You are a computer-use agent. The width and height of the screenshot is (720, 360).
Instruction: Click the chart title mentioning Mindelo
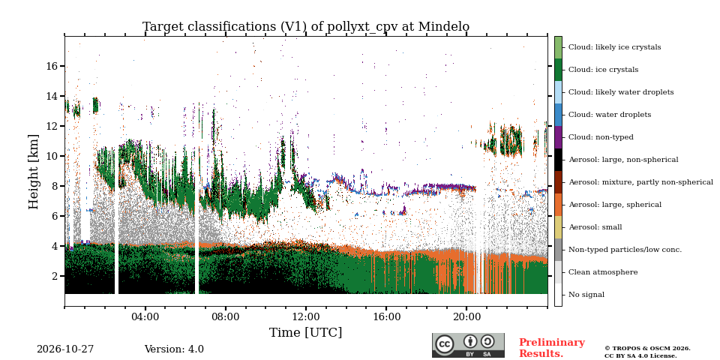[306, 27]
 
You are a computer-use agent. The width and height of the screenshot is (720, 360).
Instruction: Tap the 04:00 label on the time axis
[145, 317]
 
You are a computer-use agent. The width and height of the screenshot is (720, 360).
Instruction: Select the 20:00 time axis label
[466, 317]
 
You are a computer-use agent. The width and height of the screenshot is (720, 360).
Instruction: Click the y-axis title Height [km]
[34, 172]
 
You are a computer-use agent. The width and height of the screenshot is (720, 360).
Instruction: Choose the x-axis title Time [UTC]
[306, 332]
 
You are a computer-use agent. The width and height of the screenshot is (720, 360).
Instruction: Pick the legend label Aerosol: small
[595, 227]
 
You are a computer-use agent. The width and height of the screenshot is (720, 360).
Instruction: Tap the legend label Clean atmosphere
[603, 272]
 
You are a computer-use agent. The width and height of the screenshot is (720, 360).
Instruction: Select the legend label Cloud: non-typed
[601, 137]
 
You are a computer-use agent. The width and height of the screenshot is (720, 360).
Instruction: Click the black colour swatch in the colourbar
[558, 160]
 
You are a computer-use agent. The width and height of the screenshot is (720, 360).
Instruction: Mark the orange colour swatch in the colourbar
[558, 205]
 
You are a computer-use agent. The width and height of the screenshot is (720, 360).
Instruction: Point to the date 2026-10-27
[65, 349]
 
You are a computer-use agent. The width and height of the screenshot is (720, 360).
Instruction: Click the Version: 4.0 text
[174, 349]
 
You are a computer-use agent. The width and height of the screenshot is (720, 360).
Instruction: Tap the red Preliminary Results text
[552, 348]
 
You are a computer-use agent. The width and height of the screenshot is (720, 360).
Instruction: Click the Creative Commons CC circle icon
[445, 344]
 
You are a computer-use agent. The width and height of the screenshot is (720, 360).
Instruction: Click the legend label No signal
[586, 295]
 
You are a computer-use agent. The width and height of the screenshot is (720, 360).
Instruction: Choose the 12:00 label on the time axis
[306, 317]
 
